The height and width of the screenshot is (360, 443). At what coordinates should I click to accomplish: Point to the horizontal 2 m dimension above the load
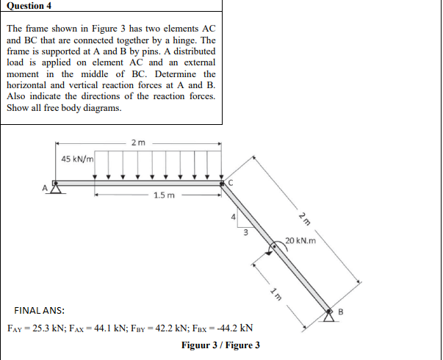pos(137,141)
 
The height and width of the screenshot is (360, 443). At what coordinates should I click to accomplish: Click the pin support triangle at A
pos(54,187)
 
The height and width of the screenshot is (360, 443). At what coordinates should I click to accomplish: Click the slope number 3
pos(245,232)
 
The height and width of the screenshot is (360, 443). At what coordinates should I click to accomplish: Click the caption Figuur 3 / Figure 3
pos(220,345)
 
